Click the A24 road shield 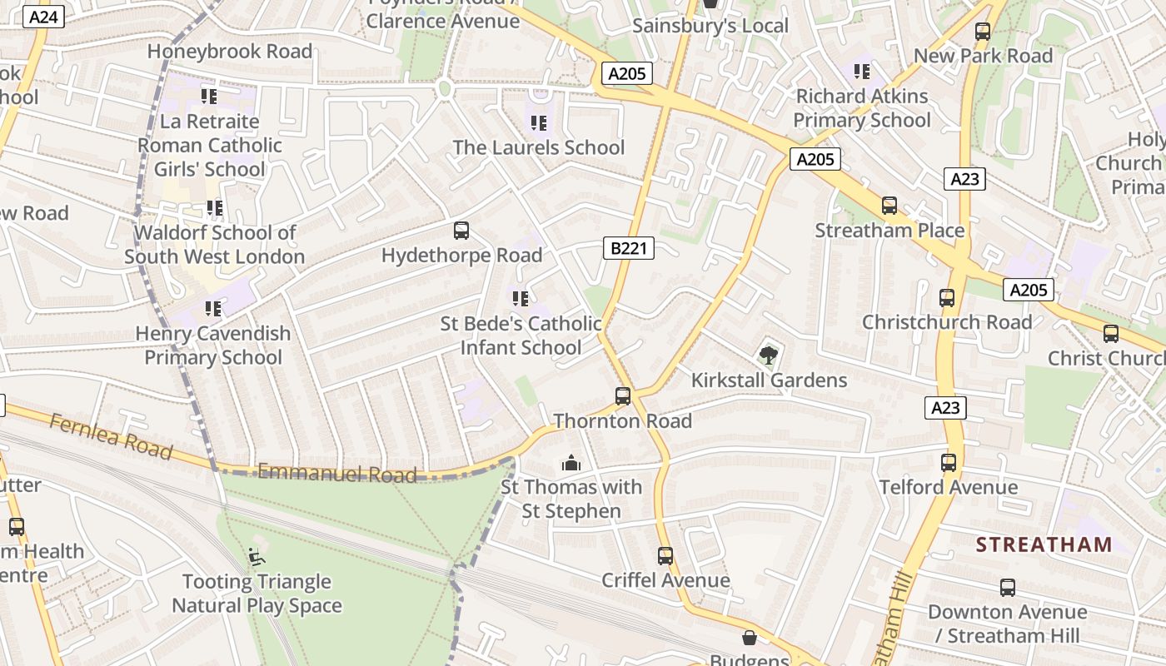pyautogui.click(x=42, y=17)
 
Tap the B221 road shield pyautogui.click(x=629, y=248)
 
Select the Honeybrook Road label pyautogui.click(x=230, y=52)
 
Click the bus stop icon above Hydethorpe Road pyautogui.click(x=461, y=231)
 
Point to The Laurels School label pyautogui.click(x=538, y=148)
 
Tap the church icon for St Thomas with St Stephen pyautogui.click(x=571, y=463)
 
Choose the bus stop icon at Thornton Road pyautogui.click(x=623, y=396)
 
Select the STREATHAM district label pyautogui.click(x=1044, y=545)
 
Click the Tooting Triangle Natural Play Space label pyautogui.click(x=257, y=594)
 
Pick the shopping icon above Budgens pyautogui.click(x=750, y=638)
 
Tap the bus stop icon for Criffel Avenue pyautogui.click(x=665, y=555)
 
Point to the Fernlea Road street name pyautogui.click(x=111, y=436)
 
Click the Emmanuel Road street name pyautogui.click(x=336, y=474)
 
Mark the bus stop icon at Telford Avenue pyautogui.click(x=949, y=463)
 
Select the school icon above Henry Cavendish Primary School pyautogui.click(x=213, y=309)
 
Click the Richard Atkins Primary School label pyautogui.click(x=861, y=108)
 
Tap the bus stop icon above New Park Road pyautogui.click(x=983, y=32)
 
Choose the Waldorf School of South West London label pyautogui.click(x=215, y=245)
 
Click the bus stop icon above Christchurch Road pyautogui.click(x=947, y=298)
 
